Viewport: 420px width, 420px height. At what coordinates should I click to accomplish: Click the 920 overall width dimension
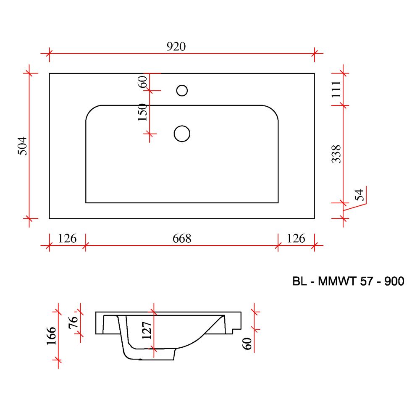click(176, 47)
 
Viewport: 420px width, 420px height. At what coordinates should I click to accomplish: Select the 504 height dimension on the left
click(23, 146)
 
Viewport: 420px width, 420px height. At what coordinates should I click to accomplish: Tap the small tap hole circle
click(182, 91)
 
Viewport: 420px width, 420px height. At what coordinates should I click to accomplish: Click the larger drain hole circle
click(182, 134)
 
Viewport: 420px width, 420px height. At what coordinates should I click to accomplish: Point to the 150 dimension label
click(142, 112)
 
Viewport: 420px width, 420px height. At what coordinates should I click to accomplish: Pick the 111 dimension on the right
click(336, 89)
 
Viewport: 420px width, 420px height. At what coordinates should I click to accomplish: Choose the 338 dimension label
click(336, 154)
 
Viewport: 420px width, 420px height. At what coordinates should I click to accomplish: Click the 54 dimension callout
click(360, 195)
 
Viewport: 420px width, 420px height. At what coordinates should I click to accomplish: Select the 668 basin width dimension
click(182, 239)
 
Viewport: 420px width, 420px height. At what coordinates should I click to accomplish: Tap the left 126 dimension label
click(67, 239)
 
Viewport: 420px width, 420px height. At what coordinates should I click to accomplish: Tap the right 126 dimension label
click(296, 239)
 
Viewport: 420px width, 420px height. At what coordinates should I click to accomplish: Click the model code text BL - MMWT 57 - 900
click(348, 281)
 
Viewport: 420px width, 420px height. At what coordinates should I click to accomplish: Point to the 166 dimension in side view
click(51, 336)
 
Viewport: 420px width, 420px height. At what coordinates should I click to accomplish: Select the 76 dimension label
click(73, 322)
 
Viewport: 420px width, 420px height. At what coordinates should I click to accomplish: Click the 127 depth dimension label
click(147, 331)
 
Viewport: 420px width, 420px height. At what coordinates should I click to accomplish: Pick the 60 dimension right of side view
click(247, 344)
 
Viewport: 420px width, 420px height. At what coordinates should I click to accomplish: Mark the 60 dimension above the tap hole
click(142, 82)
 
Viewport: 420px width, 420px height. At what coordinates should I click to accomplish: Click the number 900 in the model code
click(394, 281)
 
